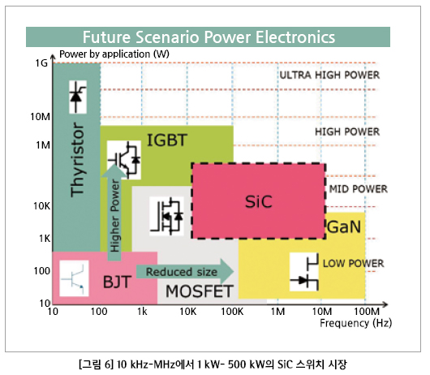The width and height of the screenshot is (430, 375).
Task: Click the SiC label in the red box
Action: point(259,201)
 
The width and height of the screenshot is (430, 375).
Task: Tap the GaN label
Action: point(344,226)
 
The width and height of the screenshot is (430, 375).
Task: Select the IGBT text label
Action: point(167,140)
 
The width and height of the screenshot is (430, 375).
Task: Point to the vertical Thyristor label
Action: point(77,159)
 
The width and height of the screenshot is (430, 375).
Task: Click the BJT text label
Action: point(117,282)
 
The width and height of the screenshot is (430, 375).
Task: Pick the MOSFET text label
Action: point(200,291)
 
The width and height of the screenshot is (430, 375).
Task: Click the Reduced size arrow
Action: point(185,272)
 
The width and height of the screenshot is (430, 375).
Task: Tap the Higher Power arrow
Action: point(114,212)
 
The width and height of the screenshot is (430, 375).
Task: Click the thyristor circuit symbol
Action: point(78,97)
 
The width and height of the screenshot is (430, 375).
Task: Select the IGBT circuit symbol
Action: point(124,160)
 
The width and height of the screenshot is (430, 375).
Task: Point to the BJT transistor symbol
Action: point(74,278)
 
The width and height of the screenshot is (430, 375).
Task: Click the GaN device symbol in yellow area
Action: point(304,272)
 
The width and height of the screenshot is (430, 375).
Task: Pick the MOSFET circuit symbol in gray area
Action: point(166,216)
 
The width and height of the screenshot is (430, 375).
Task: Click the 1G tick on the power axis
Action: point(41,63)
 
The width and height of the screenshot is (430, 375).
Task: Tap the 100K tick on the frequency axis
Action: point(232,312)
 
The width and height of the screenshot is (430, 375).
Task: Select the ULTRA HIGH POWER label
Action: point(329,75)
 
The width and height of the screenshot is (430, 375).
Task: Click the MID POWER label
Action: point(358,189)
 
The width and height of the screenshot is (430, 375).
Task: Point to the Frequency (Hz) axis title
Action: point(355,323)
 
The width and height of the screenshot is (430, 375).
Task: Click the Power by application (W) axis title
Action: point(114,54)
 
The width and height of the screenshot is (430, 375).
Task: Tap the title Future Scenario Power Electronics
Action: point(209,37)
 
